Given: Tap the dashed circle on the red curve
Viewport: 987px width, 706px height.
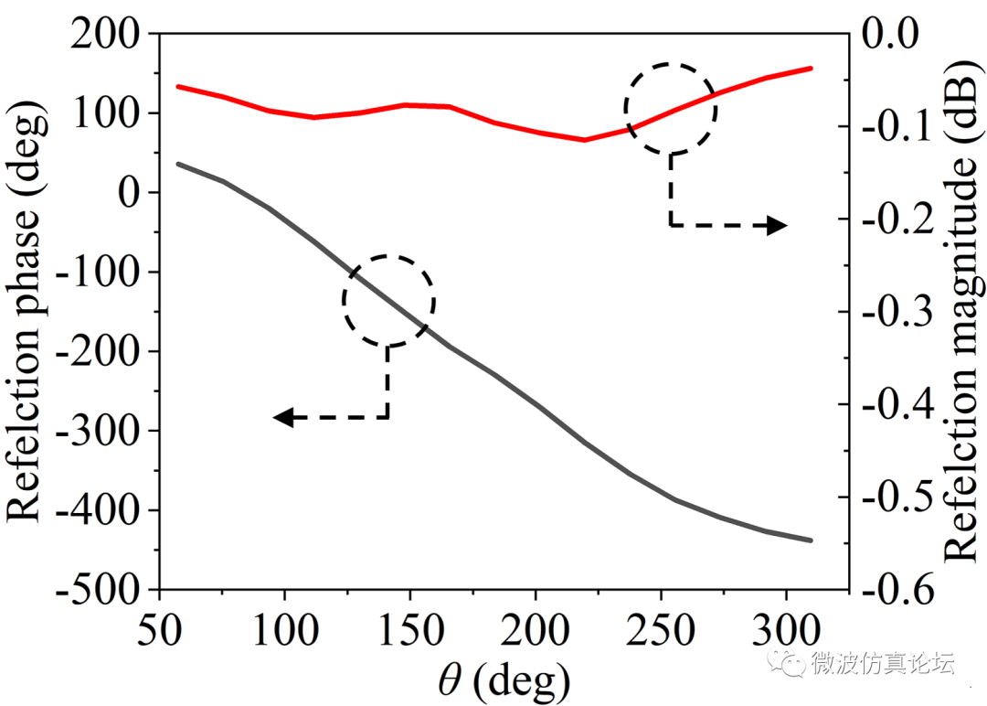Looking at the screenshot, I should point(671,109).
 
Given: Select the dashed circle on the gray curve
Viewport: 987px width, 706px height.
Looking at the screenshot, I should point(388,300).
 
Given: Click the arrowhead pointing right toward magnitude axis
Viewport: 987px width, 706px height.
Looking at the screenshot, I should point(777,225).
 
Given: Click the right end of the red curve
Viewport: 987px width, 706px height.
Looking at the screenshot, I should point(812,68).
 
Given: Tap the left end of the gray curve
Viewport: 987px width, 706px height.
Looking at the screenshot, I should point(177,164).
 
